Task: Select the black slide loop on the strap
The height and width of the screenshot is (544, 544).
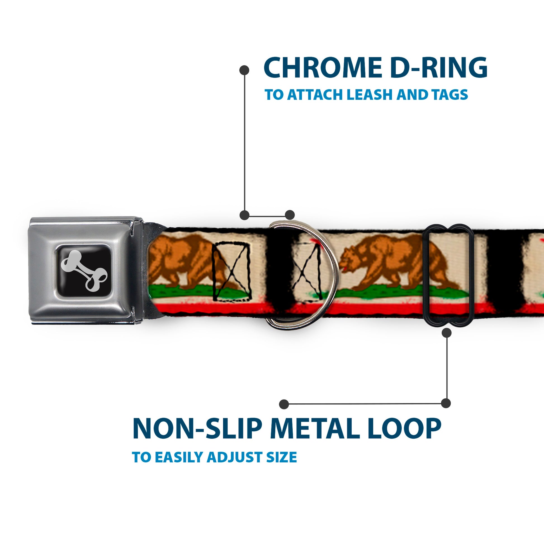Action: point(449,275)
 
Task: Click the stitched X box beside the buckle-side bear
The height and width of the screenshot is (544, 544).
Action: point(232,272)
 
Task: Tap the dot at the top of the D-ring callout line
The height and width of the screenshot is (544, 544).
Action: point(244,70)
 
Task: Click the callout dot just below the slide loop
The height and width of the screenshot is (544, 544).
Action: point(446,333)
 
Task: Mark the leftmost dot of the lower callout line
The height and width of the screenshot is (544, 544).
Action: point(284,404)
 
